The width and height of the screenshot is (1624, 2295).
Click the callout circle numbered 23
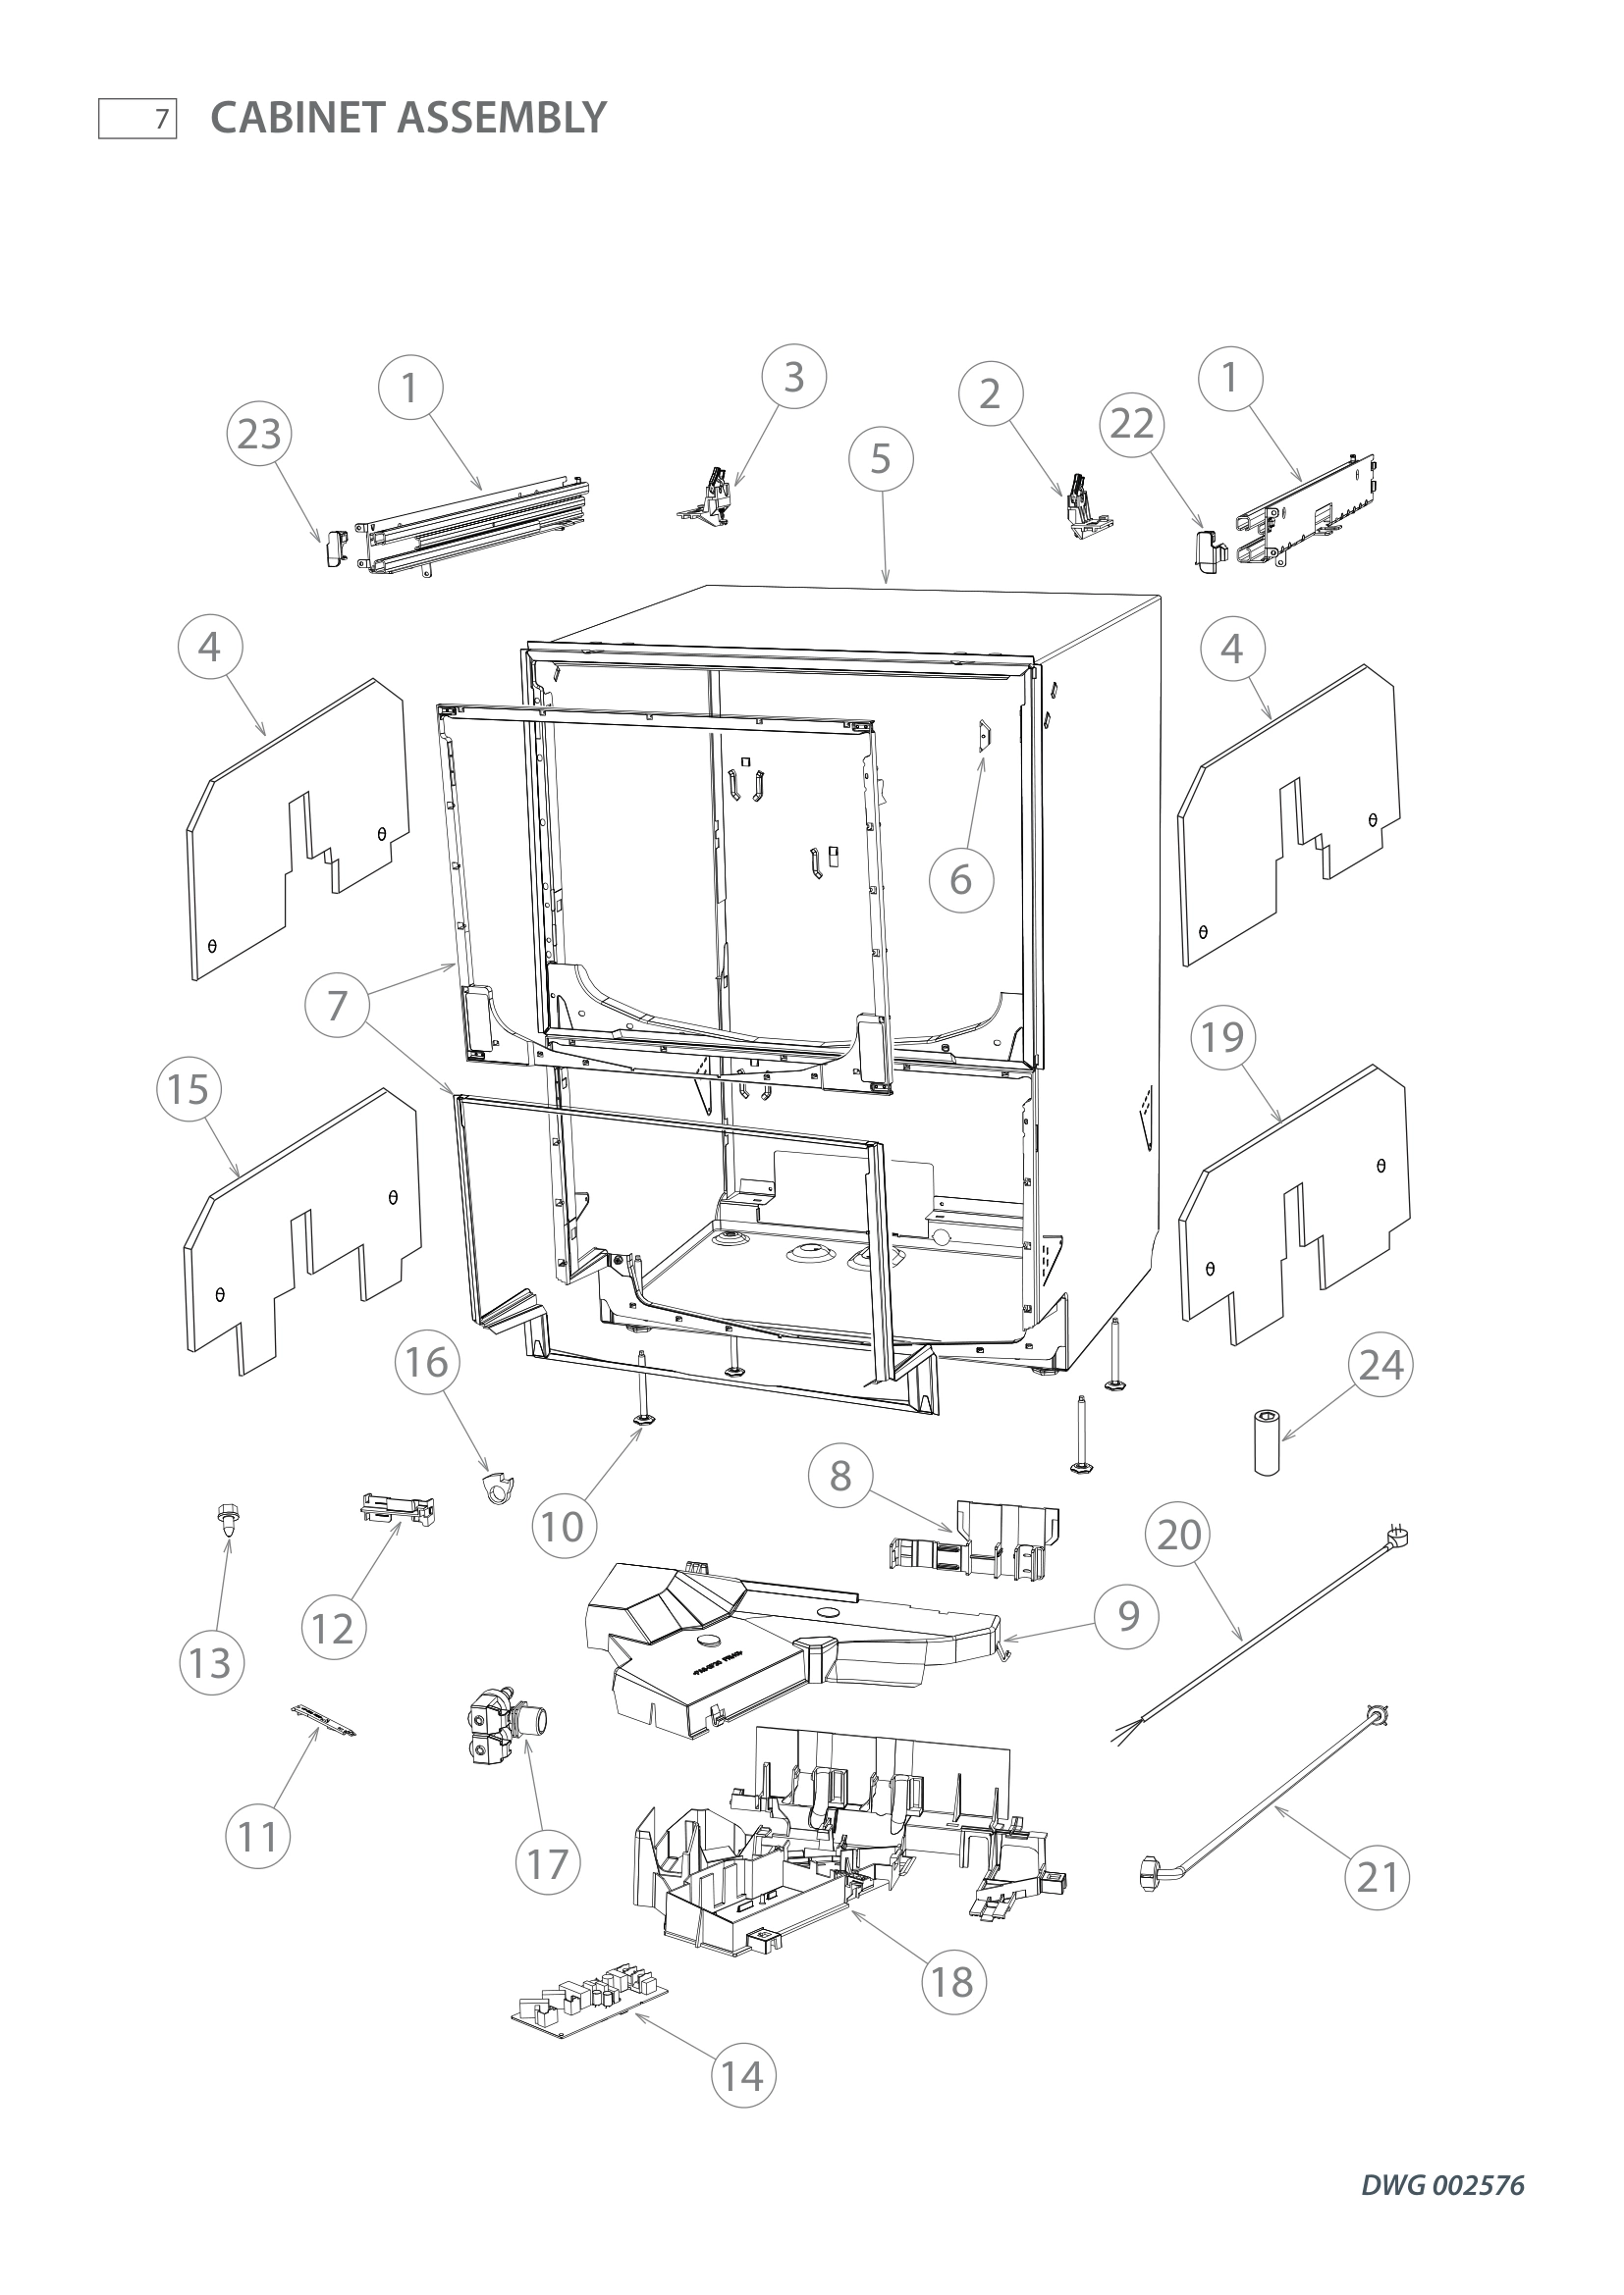260,434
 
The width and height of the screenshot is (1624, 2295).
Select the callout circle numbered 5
880,459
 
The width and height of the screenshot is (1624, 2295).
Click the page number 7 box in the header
137,119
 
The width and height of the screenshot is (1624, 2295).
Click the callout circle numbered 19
1222,1036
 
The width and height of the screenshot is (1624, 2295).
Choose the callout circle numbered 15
188,1088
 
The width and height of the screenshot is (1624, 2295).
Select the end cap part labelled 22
1210,548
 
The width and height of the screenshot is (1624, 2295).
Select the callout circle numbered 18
952,1981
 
